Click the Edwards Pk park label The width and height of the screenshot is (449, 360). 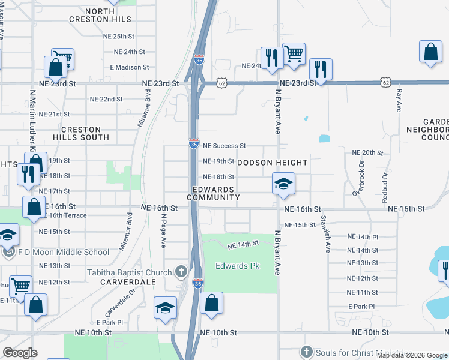(238, 266)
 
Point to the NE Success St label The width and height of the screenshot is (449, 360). (224, 145)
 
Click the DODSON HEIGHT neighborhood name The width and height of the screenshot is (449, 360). (273, 163)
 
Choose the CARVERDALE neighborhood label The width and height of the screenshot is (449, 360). (128, 281)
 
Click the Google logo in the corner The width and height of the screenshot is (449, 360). (20, 353)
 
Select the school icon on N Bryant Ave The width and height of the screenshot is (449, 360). (283, 183)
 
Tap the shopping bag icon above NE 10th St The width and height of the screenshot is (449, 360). (211, 303)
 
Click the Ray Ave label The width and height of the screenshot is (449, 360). (399, 100)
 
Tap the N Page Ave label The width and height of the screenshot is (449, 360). (163, 231)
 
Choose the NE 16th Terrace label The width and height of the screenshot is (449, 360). (62, 215)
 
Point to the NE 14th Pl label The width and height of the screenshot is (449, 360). (363, 237)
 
